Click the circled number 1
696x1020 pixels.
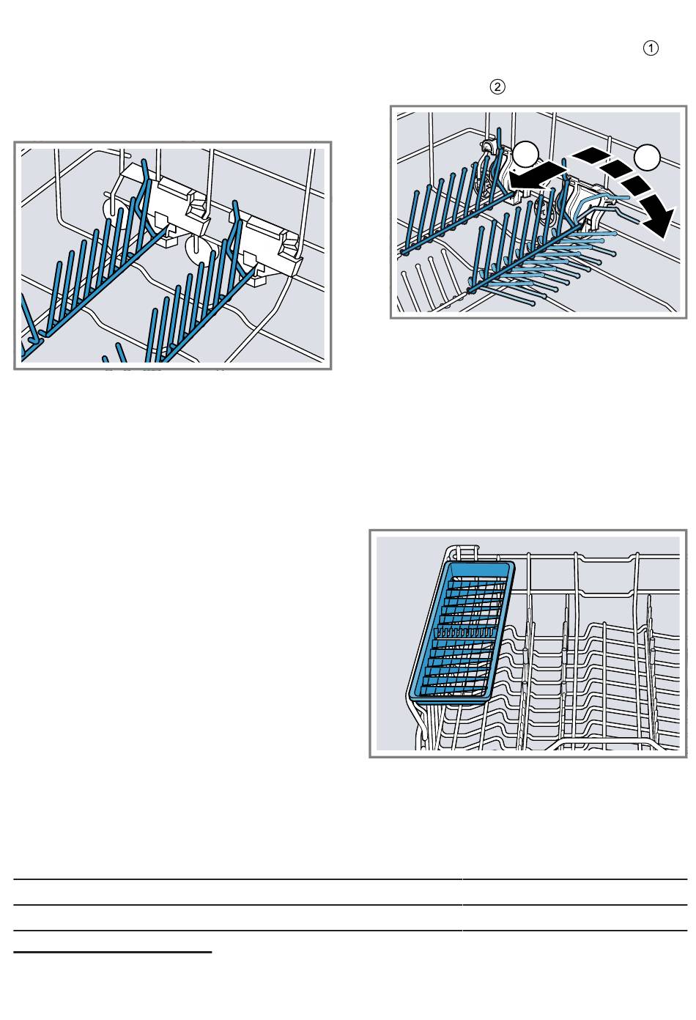[x=651, y=48]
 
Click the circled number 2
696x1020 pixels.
[x=497, y=86]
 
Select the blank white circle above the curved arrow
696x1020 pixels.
[x=648, y=157]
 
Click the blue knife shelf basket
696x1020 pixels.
[x=461, y=633]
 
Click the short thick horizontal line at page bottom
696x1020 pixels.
[x=113, y=952]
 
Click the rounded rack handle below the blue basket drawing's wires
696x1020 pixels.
[x=605, y=745]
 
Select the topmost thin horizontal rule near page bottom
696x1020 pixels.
[x=350, y=879]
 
